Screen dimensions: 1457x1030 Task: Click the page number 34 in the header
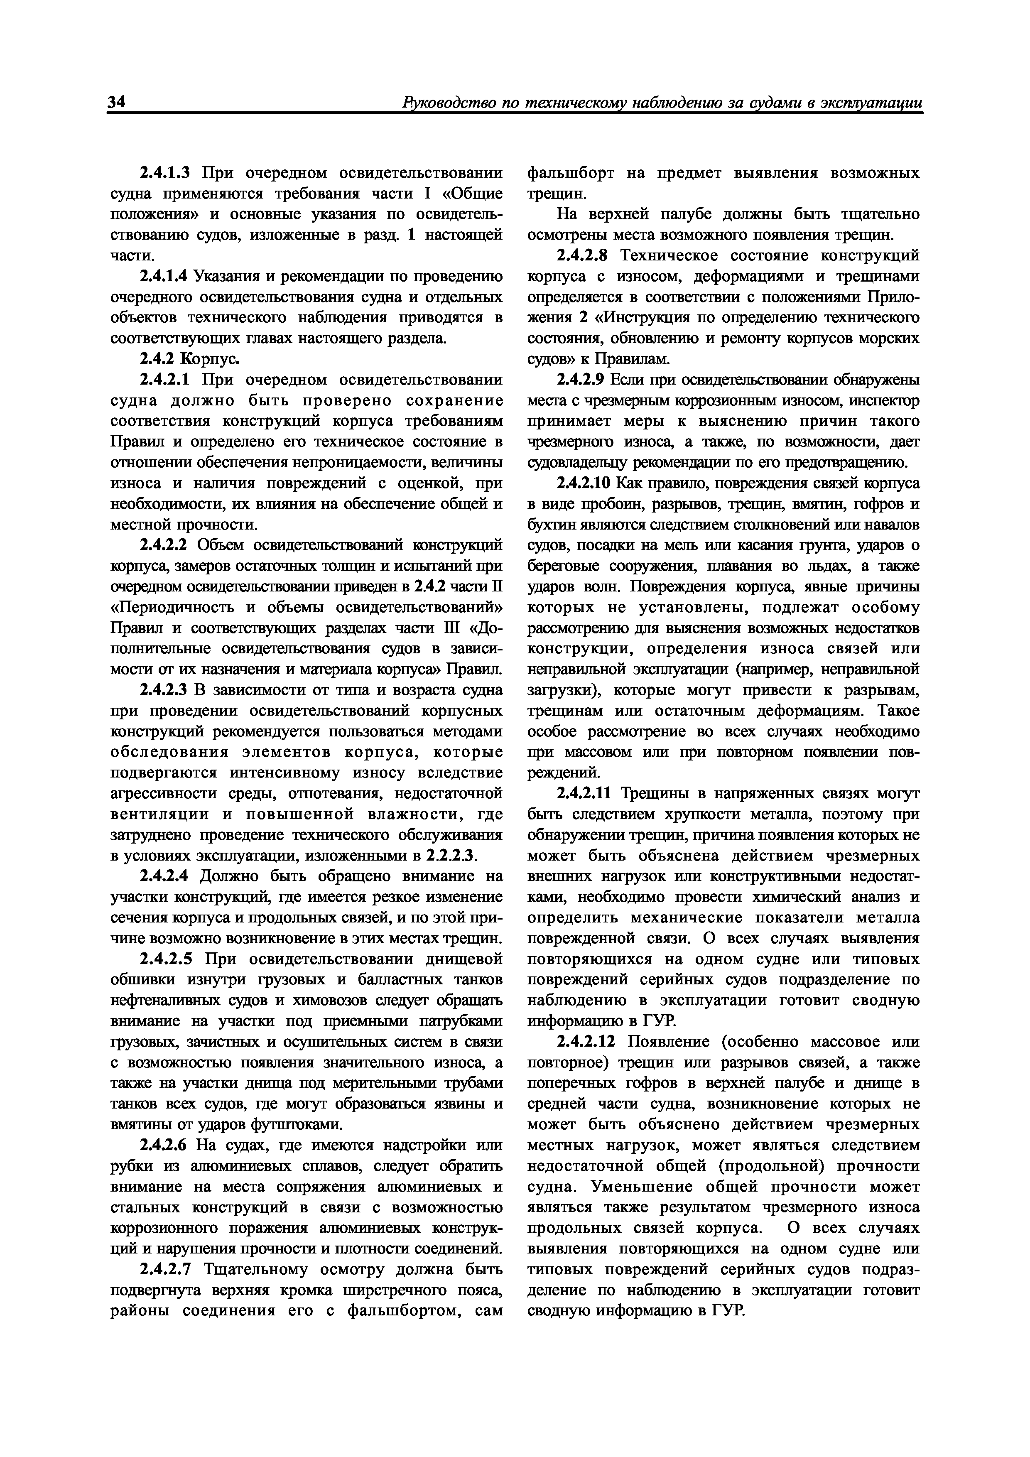(x=118, y=102)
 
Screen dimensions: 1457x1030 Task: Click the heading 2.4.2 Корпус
(x=189, y=359)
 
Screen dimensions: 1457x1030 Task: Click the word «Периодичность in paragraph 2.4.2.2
(x=170, y=607)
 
